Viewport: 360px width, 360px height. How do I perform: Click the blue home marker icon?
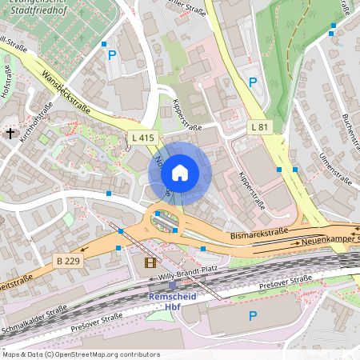pyautogui.click(x=180, y=172)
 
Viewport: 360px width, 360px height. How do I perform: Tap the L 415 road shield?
pyautogui.click(x=142, y=138)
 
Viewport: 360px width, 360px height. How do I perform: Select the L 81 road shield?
pyautogui.click(x=259, y=126)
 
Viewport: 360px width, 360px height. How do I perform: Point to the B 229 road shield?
pyautogui.click(x=70, y=261)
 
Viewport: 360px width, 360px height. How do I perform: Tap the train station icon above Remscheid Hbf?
pyautogui.click(x=171, y=285)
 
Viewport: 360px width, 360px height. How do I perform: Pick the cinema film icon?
pyautogui.click(x=150, y=262)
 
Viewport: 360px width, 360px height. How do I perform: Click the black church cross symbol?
pyautogui.click(x=10, y=133)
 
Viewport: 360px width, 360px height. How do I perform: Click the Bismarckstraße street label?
pyautogui.click(x=258, y=234)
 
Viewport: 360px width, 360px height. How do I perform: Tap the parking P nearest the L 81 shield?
pyautogui.click(x=253, y=82)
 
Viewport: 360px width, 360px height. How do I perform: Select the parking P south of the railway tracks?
pyautogui.click(x=253, y=316)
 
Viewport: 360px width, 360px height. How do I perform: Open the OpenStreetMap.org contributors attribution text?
pyautogui.click(x=109, y=354)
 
